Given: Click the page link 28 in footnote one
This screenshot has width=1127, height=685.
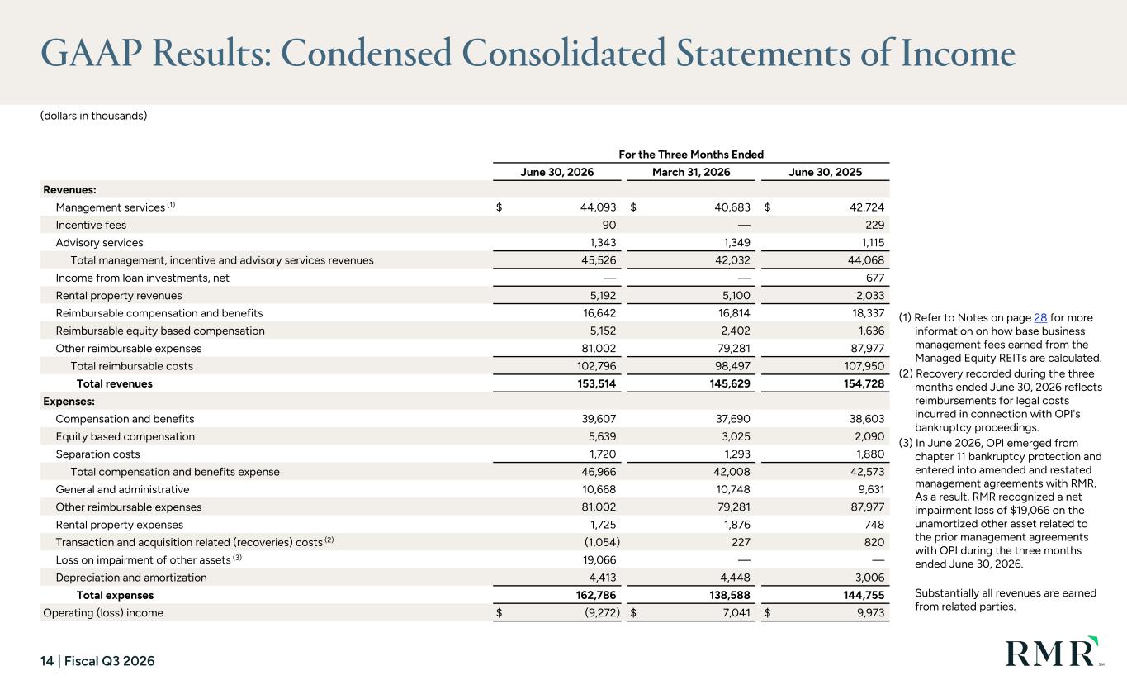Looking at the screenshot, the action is [x=1040, y=318].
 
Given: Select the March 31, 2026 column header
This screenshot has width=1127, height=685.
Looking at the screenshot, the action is [x=691, y=172].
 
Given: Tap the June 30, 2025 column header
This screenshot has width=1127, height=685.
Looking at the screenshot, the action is [x=825, y=172].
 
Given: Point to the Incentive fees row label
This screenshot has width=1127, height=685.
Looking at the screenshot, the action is [x=91, y=225].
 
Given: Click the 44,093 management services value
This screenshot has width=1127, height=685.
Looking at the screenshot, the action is [x=599, y=207].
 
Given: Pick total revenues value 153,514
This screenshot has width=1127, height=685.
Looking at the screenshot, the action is [x=597, y=383].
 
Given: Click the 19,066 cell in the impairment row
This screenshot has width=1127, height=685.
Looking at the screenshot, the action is [x=599, y=560].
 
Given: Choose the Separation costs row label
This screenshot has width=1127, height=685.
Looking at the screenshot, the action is [x=97, y=454].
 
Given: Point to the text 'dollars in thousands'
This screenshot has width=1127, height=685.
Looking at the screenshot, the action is [x=93, y=116].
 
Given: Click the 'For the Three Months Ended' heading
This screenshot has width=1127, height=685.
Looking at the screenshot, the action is [x=691, y=155].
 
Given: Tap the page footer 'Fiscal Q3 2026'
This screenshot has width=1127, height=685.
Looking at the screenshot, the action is [x=109, y=661].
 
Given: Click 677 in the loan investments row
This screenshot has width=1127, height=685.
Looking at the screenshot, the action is [x=875, y=278].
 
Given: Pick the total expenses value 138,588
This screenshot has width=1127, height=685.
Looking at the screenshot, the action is [x=730, y=595].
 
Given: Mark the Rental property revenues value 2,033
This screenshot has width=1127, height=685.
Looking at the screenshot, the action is [x=870, y=296].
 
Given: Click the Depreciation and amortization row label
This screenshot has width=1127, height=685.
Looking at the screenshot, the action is [x=131, y=578].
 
